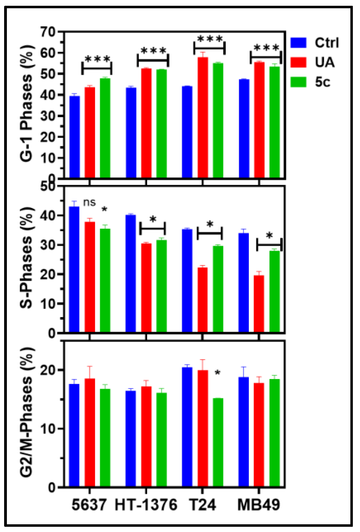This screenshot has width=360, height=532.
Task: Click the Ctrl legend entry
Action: tap(327, 43)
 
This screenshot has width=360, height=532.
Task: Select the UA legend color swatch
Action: tap(298, 62)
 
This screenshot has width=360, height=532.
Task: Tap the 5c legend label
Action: tap(323, 82)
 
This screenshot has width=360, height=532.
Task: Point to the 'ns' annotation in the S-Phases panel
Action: tap(89, 202)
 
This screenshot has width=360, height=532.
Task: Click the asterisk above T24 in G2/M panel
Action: tap(218, 373)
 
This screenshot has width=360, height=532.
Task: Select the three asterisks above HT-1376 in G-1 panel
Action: tap(153, 51)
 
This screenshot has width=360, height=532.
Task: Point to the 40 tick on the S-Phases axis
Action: tap(48, 215)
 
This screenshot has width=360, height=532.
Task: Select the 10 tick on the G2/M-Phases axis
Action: tap(48, 429)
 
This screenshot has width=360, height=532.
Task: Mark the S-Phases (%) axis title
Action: tap(27, 257)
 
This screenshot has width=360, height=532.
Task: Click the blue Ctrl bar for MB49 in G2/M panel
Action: tap(244, 432)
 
